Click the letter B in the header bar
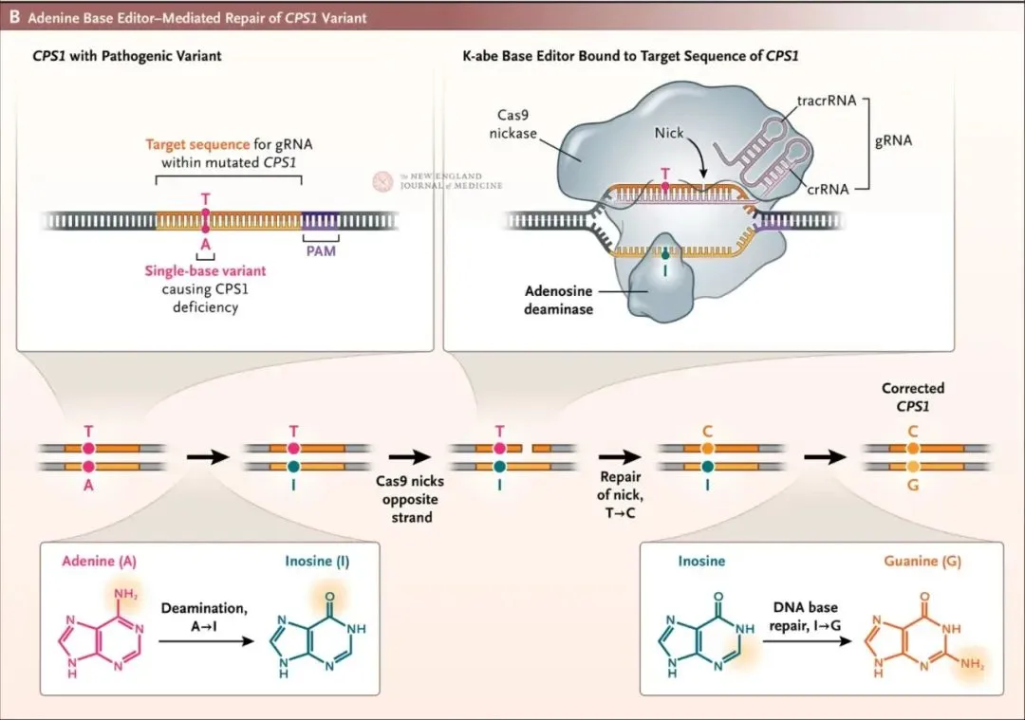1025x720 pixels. point(15,17)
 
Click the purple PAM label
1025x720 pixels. point(321,252)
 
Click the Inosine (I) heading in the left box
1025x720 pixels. point(317,562)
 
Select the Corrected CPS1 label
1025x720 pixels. point(913,397)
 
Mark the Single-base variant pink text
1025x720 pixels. point(205,270)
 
